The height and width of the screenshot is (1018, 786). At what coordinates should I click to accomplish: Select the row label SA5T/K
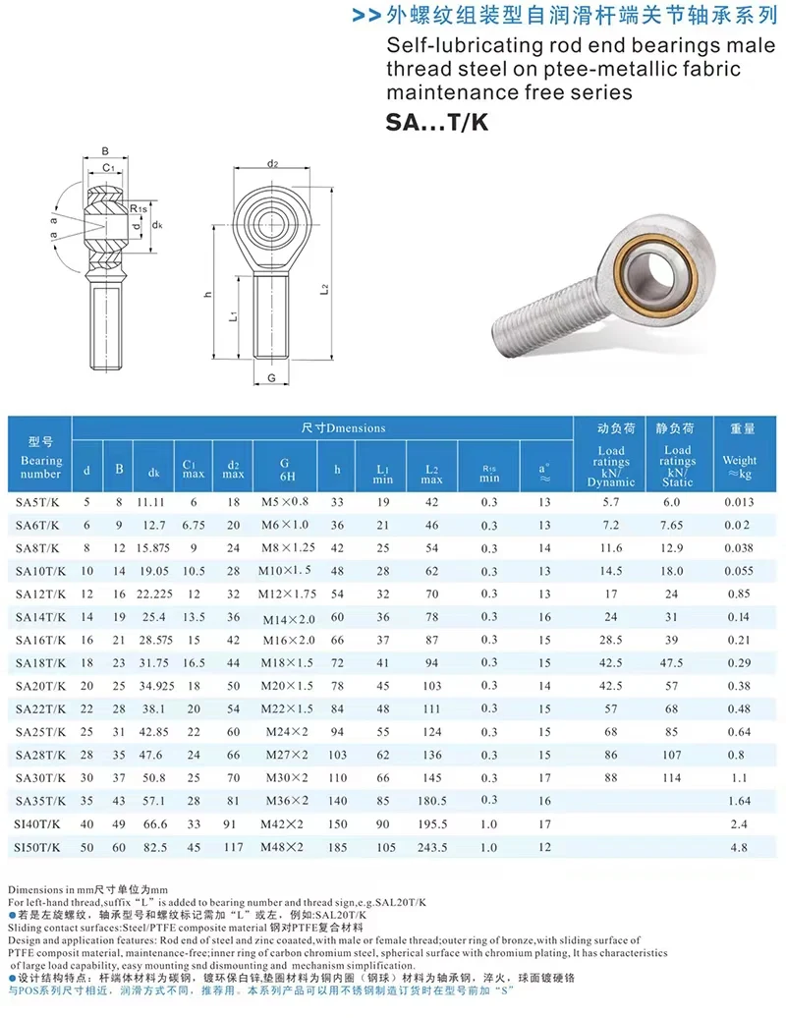pos(38,502)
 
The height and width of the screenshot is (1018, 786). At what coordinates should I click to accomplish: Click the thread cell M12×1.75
pos(284,594)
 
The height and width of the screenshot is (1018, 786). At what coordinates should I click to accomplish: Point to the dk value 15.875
pos(154,548)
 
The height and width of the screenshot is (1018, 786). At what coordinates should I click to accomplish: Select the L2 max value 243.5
pos(432,846)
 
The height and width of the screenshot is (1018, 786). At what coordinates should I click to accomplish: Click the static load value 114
pos(673,776)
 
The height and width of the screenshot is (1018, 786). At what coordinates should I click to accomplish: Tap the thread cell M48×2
pos(284,846)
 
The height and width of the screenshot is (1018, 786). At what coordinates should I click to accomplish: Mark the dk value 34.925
pos(154,685)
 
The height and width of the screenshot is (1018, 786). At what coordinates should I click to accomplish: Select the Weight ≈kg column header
pos(740,460)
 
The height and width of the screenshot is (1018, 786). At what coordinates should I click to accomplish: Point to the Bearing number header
pos(40,460)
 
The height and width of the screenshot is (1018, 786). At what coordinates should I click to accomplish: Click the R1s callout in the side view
pos(139,208)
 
